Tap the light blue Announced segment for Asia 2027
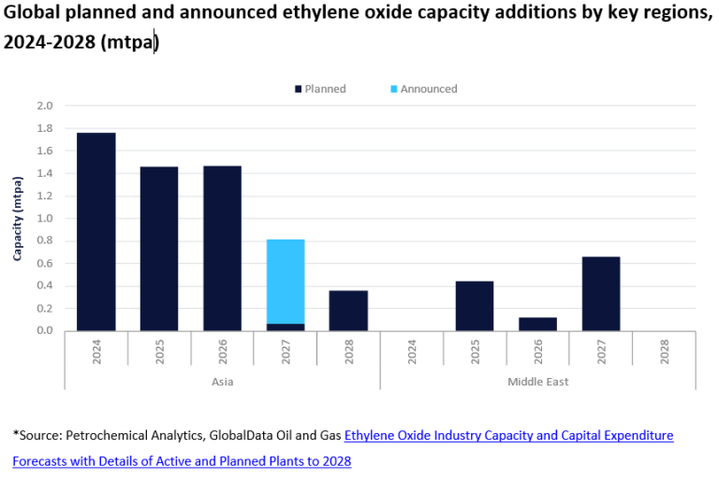pyautogui.click(x=286, y=282)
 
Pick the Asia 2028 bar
pyautogui.click(x=348, y=311)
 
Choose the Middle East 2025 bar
pyautogui.click(x=475, y=306)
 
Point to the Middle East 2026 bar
pyautogui.click(x=537, y=324)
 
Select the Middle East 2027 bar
pyautogui.click(x=600, y=293)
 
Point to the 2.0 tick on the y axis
pyautogui.click(x=45, y=106)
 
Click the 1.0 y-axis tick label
pyautogui.click(x=45, y=218)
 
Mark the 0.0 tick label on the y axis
pyautogui.click(x=45, y=330)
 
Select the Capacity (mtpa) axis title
pyautogui.click(x=18, y=218)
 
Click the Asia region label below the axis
pyautogui.click(x=222, y=382)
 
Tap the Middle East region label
pyautogui.click(x=537, y=382)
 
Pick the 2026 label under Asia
pyautogui.click(x=223, y=353)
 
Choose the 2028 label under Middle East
pyautogui.click(x=664, y=353)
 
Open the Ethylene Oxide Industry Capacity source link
pyautogui.click(x=508, y=435)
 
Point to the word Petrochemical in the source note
pyautogui.click(x=106, y=435)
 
